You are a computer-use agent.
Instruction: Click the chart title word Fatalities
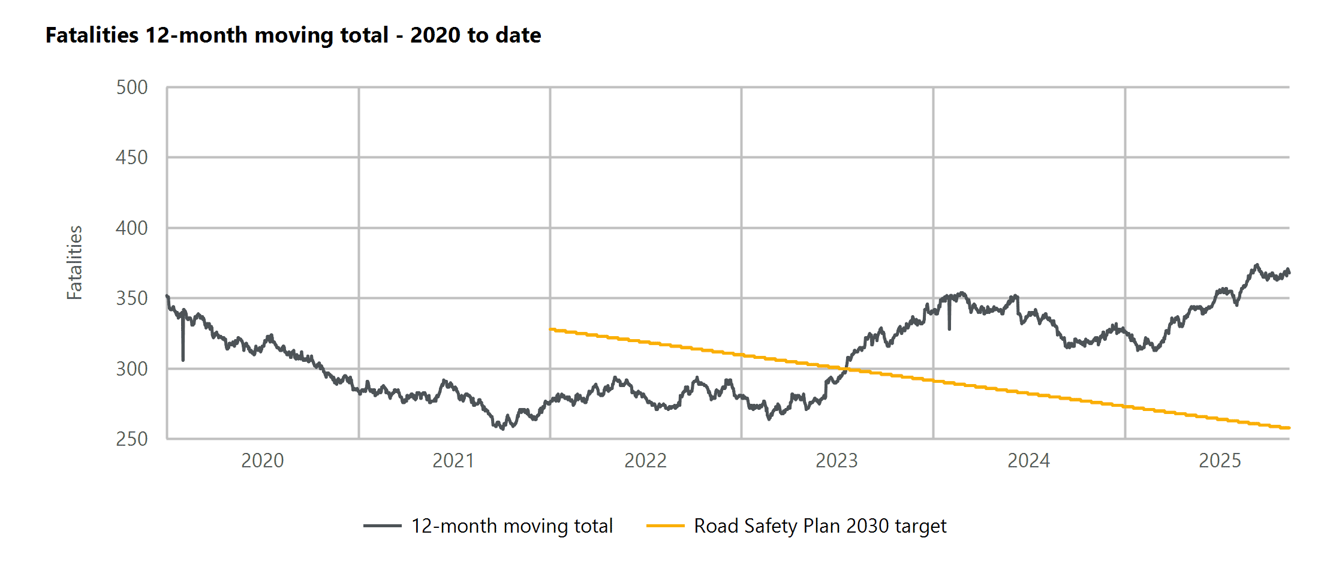coord(92,35)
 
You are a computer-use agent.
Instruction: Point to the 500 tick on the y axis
coord(132,87)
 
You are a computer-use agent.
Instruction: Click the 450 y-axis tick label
coord(132,158)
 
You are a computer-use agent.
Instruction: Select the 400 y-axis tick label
coord(132,228)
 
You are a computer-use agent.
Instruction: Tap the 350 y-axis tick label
coord(132,298)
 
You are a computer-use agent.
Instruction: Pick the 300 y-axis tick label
coord(132,369)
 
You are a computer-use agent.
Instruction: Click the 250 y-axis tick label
coord(132,439)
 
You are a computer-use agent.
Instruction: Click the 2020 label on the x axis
coord(262,461)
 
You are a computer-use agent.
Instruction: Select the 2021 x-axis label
coord(453,461)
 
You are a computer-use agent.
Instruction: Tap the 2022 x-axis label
coord(645,461)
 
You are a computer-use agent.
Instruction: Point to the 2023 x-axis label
coord(836,461)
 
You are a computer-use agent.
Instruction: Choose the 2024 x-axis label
coord(1028,461)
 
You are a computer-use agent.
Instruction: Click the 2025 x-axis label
coord(1220,461)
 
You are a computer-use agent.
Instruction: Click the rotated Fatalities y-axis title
coord(74,262)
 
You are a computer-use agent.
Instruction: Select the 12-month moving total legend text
coord(511,526)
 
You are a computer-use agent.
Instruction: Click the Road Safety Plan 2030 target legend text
coord(820,526)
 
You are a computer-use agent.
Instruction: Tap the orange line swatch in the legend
coord(665,526)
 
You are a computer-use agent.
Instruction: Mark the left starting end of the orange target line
coord(551,329)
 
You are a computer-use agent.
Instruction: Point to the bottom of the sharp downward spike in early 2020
coord(183,359)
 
